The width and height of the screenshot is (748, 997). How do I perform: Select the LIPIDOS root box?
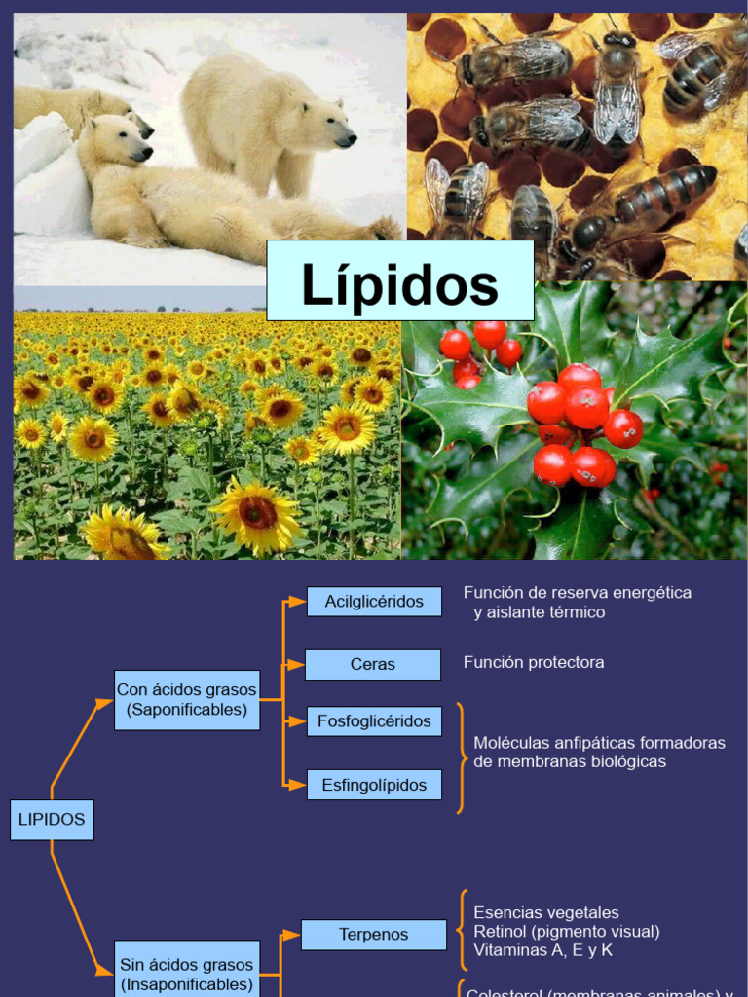click(x=52, y=820)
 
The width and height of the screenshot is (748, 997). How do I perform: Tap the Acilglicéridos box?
click(x=374, y=602)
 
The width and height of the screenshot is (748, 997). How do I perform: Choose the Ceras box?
click(x=373, y=664)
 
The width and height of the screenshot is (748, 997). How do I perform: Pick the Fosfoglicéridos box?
click(x=374, y=721)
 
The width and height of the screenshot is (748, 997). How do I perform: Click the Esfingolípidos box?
click(x=374, y=785)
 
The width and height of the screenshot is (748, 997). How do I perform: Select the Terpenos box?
click(x=373, y=935)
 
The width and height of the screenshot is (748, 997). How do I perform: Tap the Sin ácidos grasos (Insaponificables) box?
click(x=187, y=974)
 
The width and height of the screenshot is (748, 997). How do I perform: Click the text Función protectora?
click(x=534, y=662)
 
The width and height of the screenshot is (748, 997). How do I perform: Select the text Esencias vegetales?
click(x=546, y=913)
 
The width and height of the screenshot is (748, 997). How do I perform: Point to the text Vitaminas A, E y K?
click(x=543, y=950)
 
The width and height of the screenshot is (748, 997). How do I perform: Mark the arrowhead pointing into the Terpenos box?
click(x=295, y=935)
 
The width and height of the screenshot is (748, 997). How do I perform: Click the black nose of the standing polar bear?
click(x=348, y=140)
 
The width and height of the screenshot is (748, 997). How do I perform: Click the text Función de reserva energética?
click(x=578, y=592)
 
